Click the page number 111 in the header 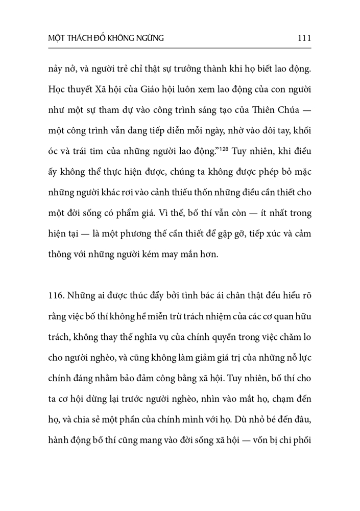303,37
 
